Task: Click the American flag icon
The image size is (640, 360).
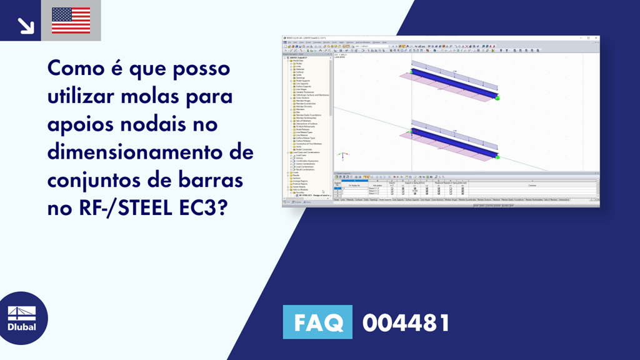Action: point(71,20)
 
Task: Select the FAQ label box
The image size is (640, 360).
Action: point(318,323)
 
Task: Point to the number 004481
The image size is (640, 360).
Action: point(406,323)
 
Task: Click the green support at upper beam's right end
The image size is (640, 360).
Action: point(497,97)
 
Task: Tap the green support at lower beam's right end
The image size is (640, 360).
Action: point(497,157)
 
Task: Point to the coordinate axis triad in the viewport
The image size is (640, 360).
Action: point(341,154)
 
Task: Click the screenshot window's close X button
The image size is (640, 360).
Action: point(597,38)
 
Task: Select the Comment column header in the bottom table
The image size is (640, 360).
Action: point(532,185)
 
